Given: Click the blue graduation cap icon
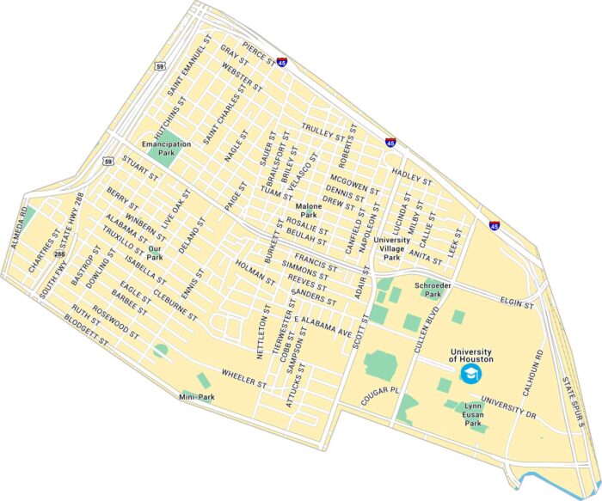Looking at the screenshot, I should click(470, 374).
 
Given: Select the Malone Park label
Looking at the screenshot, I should click(309, 211).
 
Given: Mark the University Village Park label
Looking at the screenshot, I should click(391, 248).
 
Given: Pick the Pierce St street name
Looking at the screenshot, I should click(258, 53).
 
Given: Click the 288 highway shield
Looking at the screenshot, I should click(59, 254).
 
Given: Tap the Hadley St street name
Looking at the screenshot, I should click(410, 174).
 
